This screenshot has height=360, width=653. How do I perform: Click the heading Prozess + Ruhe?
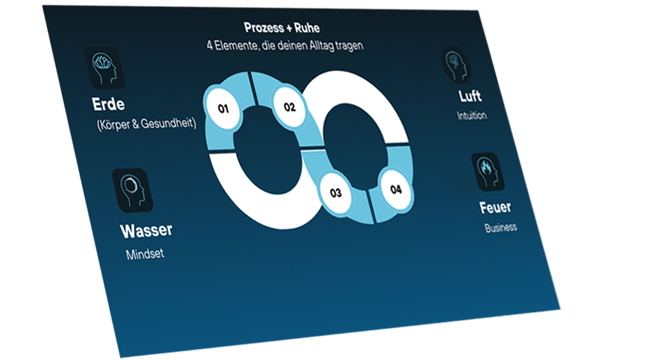click(282, 28)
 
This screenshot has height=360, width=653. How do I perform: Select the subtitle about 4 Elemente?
click(285, 45)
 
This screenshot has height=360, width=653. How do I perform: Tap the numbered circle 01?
click(223, 108)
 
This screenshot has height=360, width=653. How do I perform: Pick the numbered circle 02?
click(290, 107)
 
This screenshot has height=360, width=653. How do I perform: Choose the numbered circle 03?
click(335, 193)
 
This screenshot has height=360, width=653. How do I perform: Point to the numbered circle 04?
click(395, 189)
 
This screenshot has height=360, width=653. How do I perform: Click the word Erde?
click(109, 105)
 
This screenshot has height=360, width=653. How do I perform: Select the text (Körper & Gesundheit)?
click(146, 124)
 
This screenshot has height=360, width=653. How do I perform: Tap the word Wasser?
click(146, 230)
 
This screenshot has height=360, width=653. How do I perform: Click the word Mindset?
click(145, 255)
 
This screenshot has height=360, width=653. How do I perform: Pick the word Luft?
click(470, 96)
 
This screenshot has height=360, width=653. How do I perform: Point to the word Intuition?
click(472, 115)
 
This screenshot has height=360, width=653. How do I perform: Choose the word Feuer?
click(495, 207)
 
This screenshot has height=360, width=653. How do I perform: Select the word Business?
click(501, 227)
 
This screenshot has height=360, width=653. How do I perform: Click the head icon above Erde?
click(105, 68)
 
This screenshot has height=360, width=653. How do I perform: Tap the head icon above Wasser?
click(133, 190)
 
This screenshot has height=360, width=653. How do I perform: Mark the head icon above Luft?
click(456, 64)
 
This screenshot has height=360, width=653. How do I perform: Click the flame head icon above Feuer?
click(488, 171)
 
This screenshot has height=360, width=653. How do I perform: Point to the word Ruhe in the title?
click(306, 28)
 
